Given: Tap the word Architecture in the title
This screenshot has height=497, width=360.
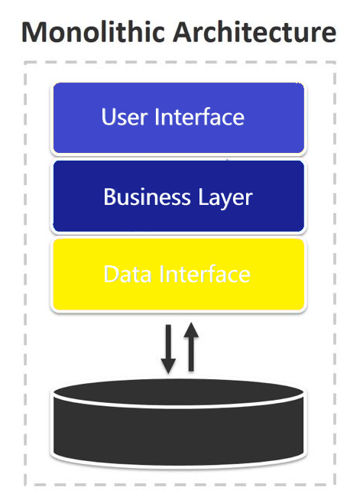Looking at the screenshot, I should click(x=254, y=32).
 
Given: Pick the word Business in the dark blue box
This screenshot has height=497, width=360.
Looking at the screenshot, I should click(x=142, y=197).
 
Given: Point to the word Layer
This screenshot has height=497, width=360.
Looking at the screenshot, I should click(x=223, y=197).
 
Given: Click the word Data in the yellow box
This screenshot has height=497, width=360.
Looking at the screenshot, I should click(x=127, y=274).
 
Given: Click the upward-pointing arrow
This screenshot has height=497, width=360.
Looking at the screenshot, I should click(x=191, y=348).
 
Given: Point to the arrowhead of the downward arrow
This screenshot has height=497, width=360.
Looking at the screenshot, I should click(x=167, y=369).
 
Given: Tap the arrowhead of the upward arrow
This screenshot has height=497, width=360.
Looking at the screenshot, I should click(x=191, y=330).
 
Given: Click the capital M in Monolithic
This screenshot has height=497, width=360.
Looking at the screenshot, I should click(x=34, y=32).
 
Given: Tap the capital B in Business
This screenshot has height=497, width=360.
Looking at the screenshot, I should click(x=110, y=197).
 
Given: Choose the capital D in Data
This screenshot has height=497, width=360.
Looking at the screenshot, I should click(x=111, y=274).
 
